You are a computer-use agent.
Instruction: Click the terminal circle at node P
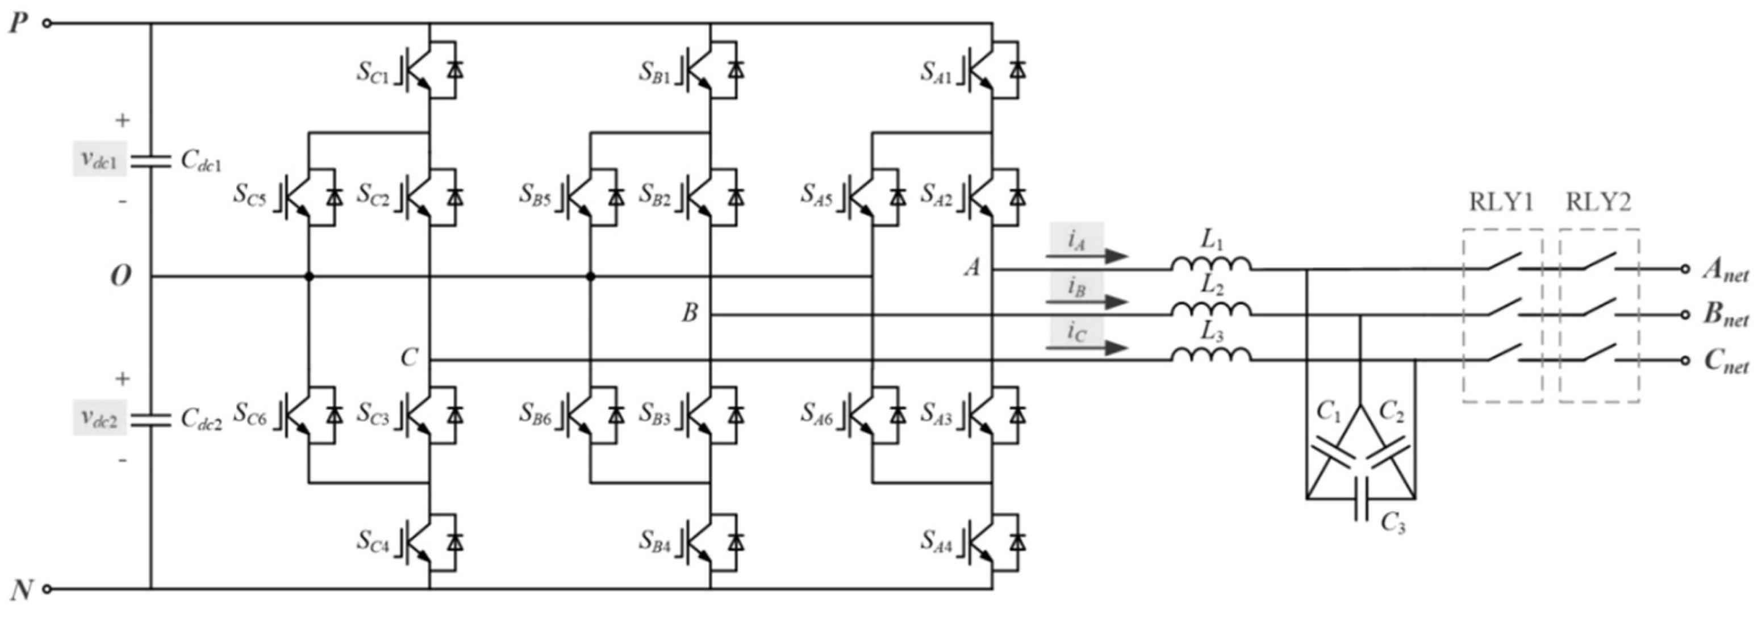coord(47,23)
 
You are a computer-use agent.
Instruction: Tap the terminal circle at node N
coord(47,588)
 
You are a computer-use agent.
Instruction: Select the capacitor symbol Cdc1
coord(151,160)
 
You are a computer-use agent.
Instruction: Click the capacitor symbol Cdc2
coord(151,419)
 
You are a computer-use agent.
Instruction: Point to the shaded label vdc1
coord(100,159)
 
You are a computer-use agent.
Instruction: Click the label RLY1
coord(1501,202)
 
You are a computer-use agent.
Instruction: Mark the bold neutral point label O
coord(121,276)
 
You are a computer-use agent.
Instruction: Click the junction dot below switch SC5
coord(308,276)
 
